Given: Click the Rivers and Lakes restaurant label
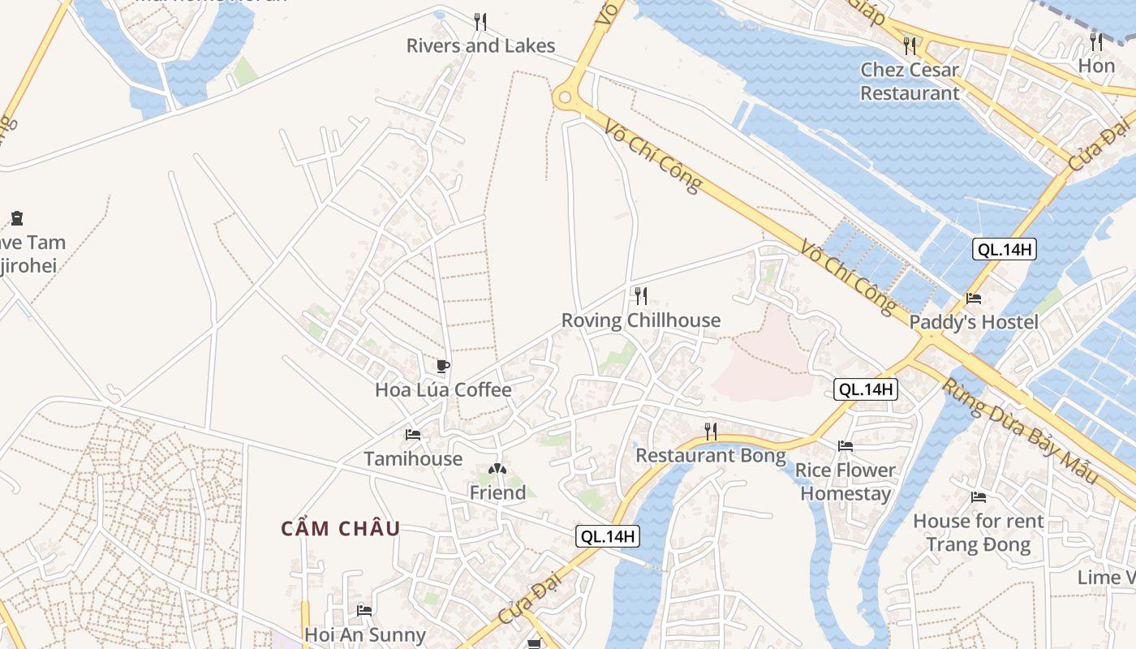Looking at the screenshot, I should (480, 45).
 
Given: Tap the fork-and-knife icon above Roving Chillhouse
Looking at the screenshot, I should (640, 295).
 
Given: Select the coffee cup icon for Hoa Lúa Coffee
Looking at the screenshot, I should (442, 366).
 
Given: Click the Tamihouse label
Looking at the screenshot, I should (413, 458).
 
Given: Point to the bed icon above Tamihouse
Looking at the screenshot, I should (413, 435).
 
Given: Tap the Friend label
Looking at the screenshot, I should (497, 492).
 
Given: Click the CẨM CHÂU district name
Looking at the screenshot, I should (341, 529).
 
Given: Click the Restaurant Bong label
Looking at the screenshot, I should (710, 455).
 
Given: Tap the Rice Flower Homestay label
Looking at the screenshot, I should (845, 482).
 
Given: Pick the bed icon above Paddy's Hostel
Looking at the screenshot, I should (974, 299).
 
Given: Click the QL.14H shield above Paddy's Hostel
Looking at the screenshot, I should (1004, 249).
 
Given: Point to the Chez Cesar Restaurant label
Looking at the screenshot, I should (910, 81).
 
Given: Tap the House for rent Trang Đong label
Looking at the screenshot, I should (978, 532).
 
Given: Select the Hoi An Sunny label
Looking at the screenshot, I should (364, 634).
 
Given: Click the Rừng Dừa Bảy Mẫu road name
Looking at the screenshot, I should (1019, 431).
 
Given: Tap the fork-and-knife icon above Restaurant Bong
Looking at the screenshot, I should (710, 431).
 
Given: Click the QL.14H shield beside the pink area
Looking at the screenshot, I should (866, 389).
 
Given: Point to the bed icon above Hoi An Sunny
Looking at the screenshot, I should (364, 610).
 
